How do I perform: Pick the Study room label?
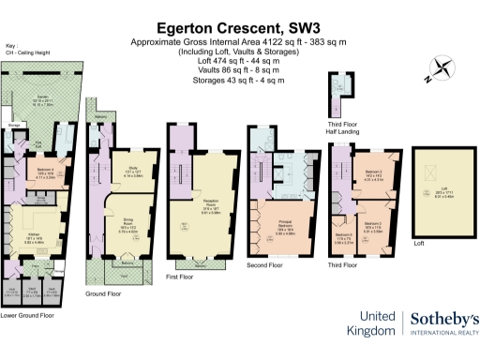tap(131, 170)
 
